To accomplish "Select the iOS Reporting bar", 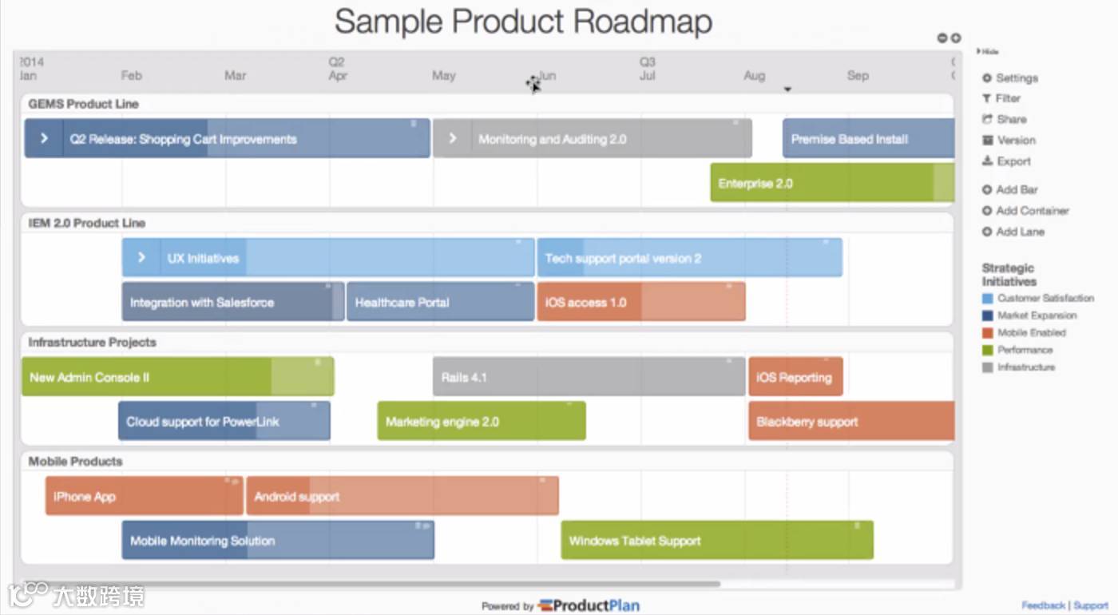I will [x=795, y=377].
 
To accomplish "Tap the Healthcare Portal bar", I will [x=440, y=302].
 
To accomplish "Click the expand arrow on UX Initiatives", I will [x=141, y=258].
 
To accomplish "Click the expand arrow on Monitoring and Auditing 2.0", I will [x=453, y=138].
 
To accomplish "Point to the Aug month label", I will [x=754, y=76].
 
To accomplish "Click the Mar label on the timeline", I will [x=235, y=76].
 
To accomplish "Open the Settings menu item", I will [x=1017, y=78].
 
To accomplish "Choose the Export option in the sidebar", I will [x=1013, y=161].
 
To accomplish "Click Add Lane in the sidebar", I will [x=1020, y=232].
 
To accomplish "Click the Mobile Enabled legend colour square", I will [x=988, y=333].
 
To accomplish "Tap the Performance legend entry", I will [x=1025, y=350].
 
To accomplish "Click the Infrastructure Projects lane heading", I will [x=92, y=342].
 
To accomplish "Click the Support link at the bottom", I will [x=1091, y=605].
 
